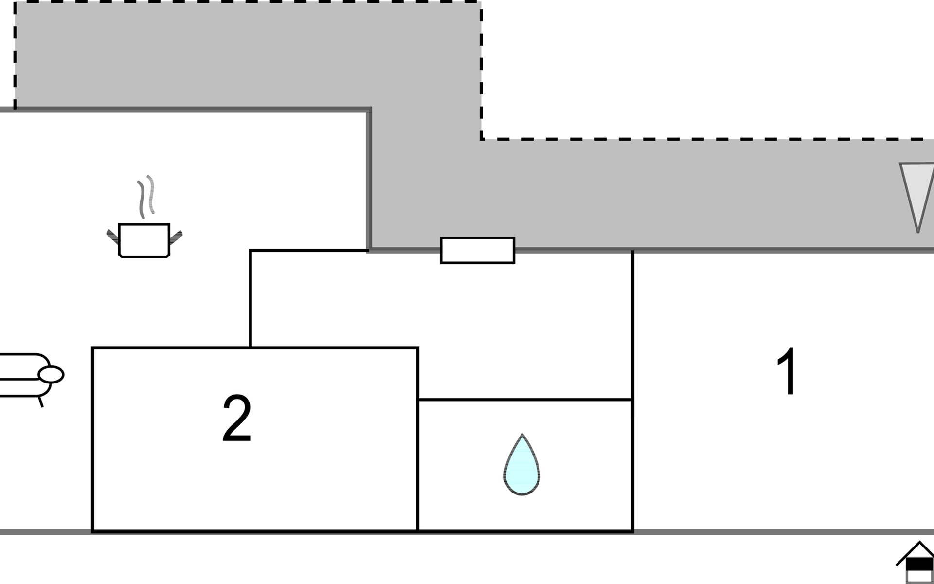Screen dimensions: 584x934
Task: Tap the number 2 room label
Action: tap(237, 418)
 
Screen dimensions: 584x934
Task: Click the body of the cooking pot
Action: tap(144, 240)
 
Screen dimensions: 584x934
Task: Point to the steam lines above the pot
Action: tap(145, 197)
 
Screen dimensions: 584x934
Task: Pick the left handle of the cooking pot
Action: tap(113, 237)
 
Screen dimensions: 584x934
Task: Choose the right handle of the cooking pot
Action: tap(175, 237)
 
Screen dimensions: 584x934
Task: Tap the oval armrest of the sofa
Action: tap(51, 374)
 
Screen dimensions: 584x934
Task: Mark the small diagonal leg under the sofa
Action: tap(41, 401)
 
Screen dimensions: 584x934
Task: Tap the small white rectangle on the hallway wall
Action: tap(477, 251)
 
